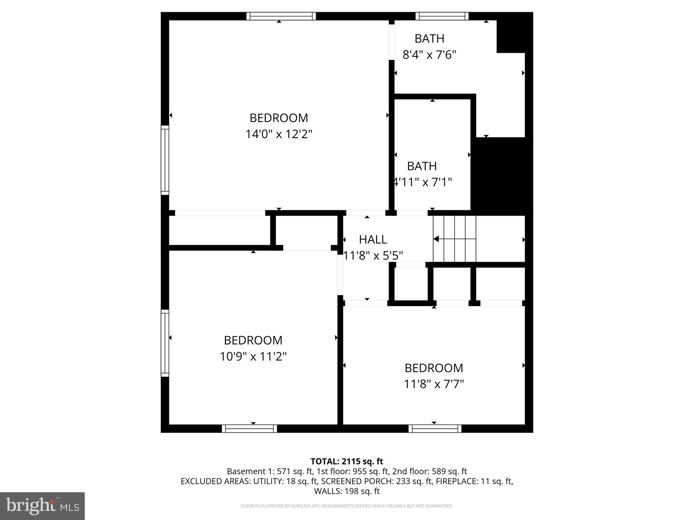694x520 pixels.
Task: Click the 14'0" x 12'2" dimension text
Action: (279, 134)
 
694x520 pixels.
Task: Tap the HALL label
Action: (373, 240)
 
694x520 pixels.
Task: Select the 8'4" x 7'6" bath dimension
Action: (429, 55)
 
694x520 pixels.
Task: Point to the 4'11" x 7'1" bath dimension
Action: (422, 182)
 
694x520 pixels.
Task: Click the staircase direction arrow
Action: (436, 239)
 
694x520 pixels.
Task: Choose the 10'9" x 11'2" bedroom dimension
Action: (253, 356)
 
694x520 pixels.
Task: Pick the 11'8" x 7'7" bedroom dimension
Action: (433, 384)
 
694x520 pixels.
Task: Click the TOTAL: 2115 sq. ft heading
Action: (347, 461)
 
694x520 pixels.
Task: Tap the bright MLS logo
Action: (42, 506)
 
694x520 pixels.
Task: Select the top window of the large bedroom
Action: (281, 16)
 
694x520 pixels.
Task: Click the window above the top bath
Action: (442, 16)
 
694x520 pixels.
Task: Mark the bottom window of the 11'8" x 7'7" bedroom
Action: (435, 429)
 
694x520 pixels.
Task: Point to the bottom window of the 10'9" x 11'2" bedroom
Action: (249, 429)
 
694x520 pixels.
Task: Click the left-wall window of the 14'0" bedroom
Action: (165, 160)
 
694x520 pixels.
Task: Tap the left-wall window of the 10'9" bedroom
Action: (165, 343)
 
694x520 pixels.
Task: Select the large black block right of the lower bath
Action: (502, 176)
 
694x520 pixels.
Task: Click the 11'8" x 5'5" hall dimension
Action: (373, 256)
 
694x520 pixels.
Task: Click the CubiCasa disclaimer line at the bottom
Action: (347, 506)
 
